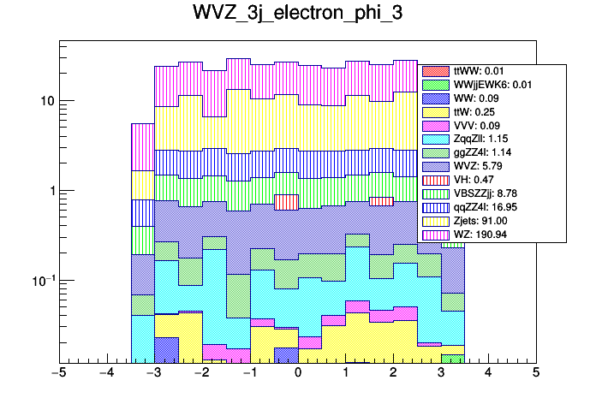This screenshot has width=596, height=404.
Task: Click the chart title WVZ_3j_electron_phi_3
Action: tap(297, 16)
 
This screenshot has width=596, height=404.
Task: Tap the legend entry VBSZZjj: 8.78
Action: tap(492, 193)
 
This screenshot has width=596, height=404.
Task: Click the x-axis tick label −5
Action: tap(59, 373)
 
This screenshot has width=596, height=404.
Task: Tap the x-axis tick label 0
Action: tap(298, 373)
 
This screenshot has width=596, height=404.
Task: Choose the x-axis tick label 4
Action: tap(488, 373)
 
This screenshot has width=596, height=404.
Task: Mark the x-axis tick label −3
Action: tap(154, 373)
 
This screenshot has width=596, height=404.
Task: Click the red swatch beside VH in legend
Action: tap(436, 181)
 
